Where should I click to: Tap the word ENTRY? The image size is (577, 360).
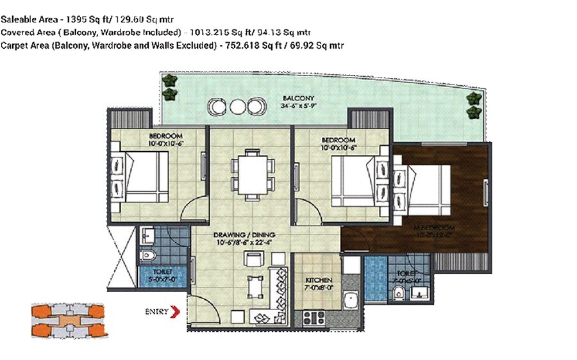pos(156,312)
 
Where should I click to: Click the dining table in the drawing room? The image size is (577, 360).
pos(251,174)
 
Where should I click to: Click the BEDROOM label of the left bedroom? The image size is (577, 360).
pos(166,136)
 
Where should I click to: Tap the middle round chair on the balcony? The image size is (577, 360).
pos(238,106)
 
